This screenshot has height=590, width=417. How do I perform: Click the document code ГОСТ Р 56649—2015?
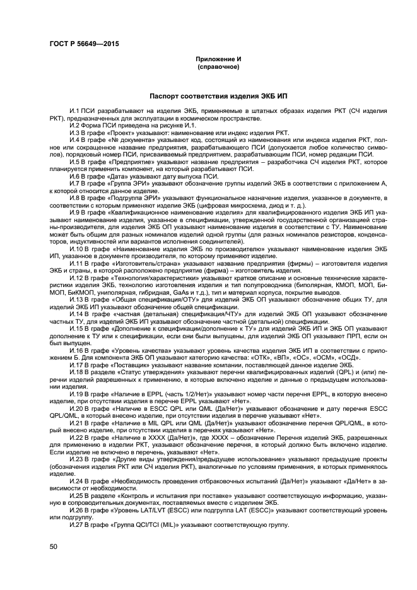[83, 44]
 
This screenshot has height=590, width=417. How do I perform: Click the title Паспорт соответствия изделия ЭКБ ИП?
[218, 98]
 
